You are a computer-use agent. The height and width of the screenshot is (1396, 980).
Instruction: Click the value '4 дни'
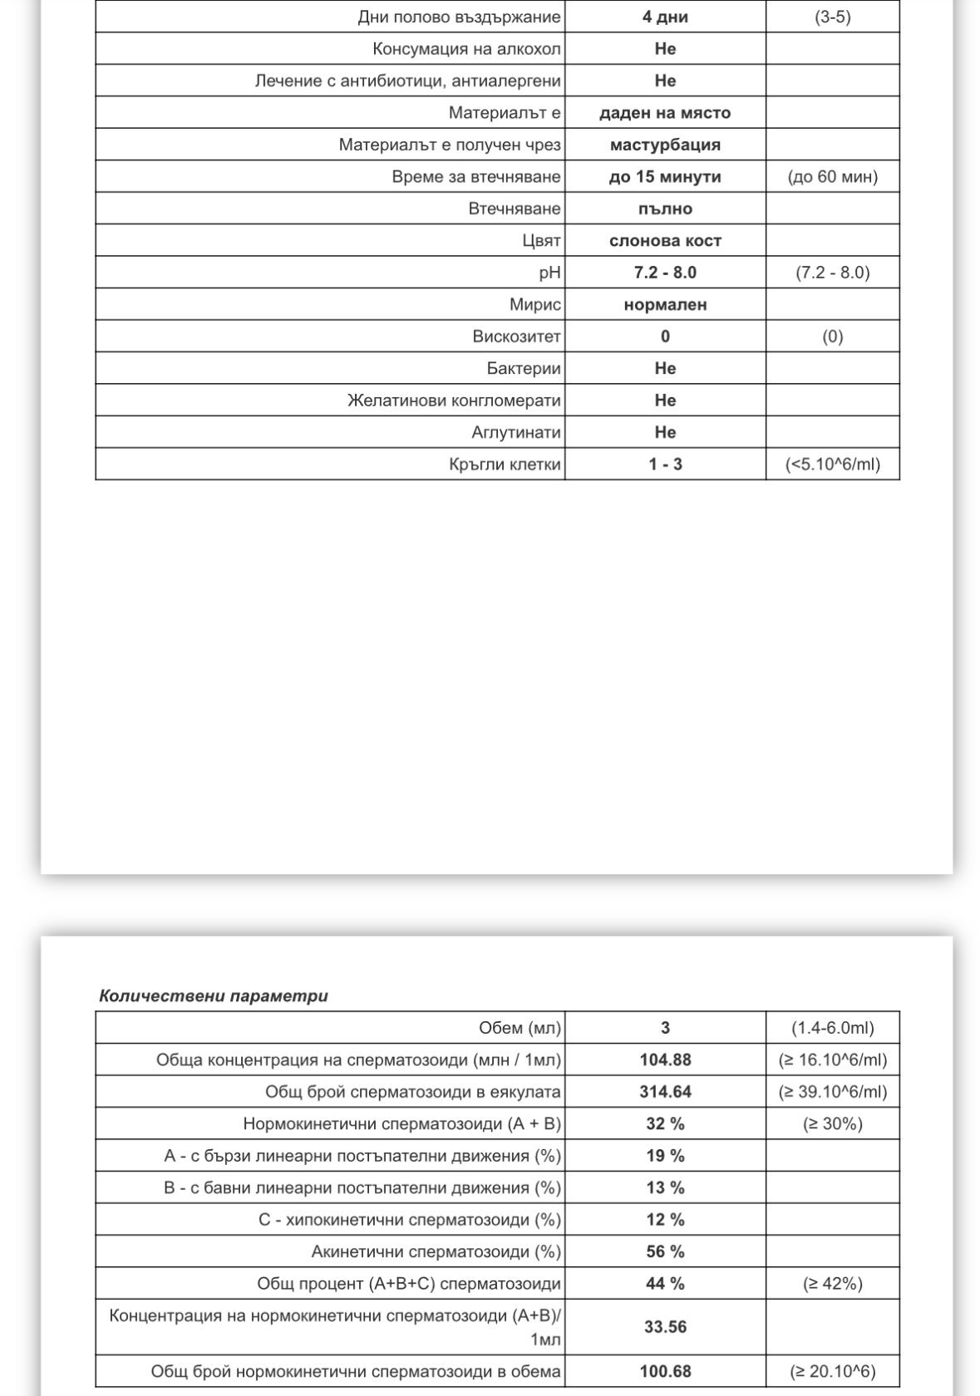pos(664,17)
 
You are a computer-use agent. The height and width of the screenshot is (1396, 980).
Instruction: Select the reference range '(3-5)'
pos(832,17)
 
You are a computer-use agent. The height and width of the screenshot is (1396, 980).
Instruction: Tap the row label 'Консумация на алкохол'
pos(466,49)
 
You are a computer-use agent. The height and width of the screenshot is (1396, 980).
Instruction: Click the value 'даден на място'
pos(664,113)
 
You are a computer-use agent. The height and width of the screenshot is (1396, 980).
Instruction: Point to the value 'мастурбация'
pos(664,145)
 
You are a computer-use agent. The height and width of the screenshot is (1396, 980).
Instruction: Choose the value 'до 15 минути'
pos(664,177)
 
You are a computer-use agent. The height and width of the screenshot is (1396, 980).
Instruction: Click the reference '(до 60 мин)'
pos(832,177)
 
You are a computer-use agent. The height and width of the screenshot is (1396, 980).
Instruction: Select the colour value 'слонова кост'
pos(664,241)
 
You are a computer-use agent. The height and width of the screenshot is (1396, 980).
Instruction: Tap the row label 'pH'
pos(549,273)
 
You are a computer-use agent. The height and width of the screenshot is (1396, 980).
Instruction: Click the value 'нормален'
pos(664,305)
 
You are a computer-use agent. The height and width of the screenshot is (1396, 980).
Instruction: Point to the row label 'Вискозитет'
pos(516,337)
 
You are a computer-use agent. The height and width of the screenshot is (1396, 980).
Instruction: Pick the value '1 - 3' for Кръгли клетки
pos(664,465)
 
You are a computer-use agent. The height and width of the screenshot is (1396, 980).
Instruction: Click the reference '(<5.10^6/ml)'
pos(832,465)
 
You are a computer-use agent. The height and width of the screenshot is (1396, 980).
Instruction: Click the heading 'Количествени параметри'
pos(214,995)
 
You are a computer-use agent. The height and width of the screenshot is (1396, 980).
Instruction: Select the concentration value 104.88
pos(664,1059)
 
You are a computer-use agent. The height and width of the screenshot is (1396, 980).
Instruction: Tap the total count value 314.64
pos(664,1092)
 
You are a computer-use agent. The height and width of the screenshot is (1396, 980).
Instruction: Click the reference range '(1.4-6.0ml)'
pos(832,1028)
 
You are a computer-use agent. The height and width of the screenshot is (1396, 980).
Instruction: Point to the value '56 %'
pos(664,1251)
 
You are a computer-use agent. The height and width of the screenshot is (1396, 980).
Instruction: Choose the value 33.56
pos(664,1327)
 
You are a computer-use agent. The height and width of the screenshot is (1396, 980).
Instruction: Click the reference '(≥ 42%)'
pos(832,1284)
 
